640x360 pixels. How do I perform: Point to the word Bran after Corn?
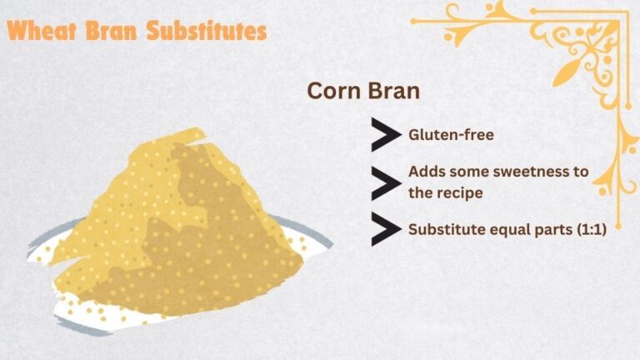(392, 91)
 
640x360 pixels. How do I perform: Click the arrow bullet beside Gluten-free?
(385, 134)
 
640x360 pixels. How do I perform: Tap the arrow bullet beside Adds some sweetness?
(385, 182)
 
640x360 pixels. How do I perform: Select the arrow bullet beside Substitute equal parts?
(385, 229)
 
